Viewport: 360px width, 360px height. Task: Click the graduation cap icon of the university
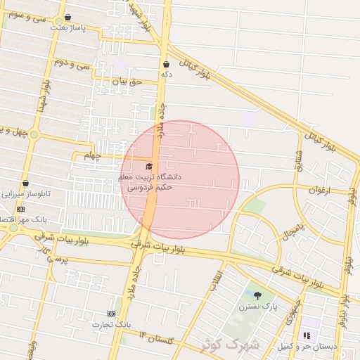tap(148, 165)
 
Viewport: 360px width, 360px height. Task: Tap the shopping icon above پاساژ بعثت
tap(67, 18)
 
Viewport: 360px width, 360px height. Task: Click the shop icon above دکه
tap(166, 63)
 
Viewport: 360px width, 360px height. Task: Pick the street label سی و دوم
tap(94, 65)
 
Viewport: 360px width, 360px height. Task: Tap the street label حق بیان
tap(128, 82)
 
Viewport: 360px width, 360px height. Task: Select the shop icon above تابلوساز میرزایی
tap(25, 183)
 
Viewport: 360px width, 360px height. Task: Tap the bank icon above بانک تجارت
tap(111, 314)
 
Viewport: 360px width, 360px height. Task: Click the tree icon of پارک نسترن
tap(257, 295)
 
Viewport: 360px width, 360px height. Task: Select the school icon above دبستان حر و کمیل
tap(306, 335)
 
